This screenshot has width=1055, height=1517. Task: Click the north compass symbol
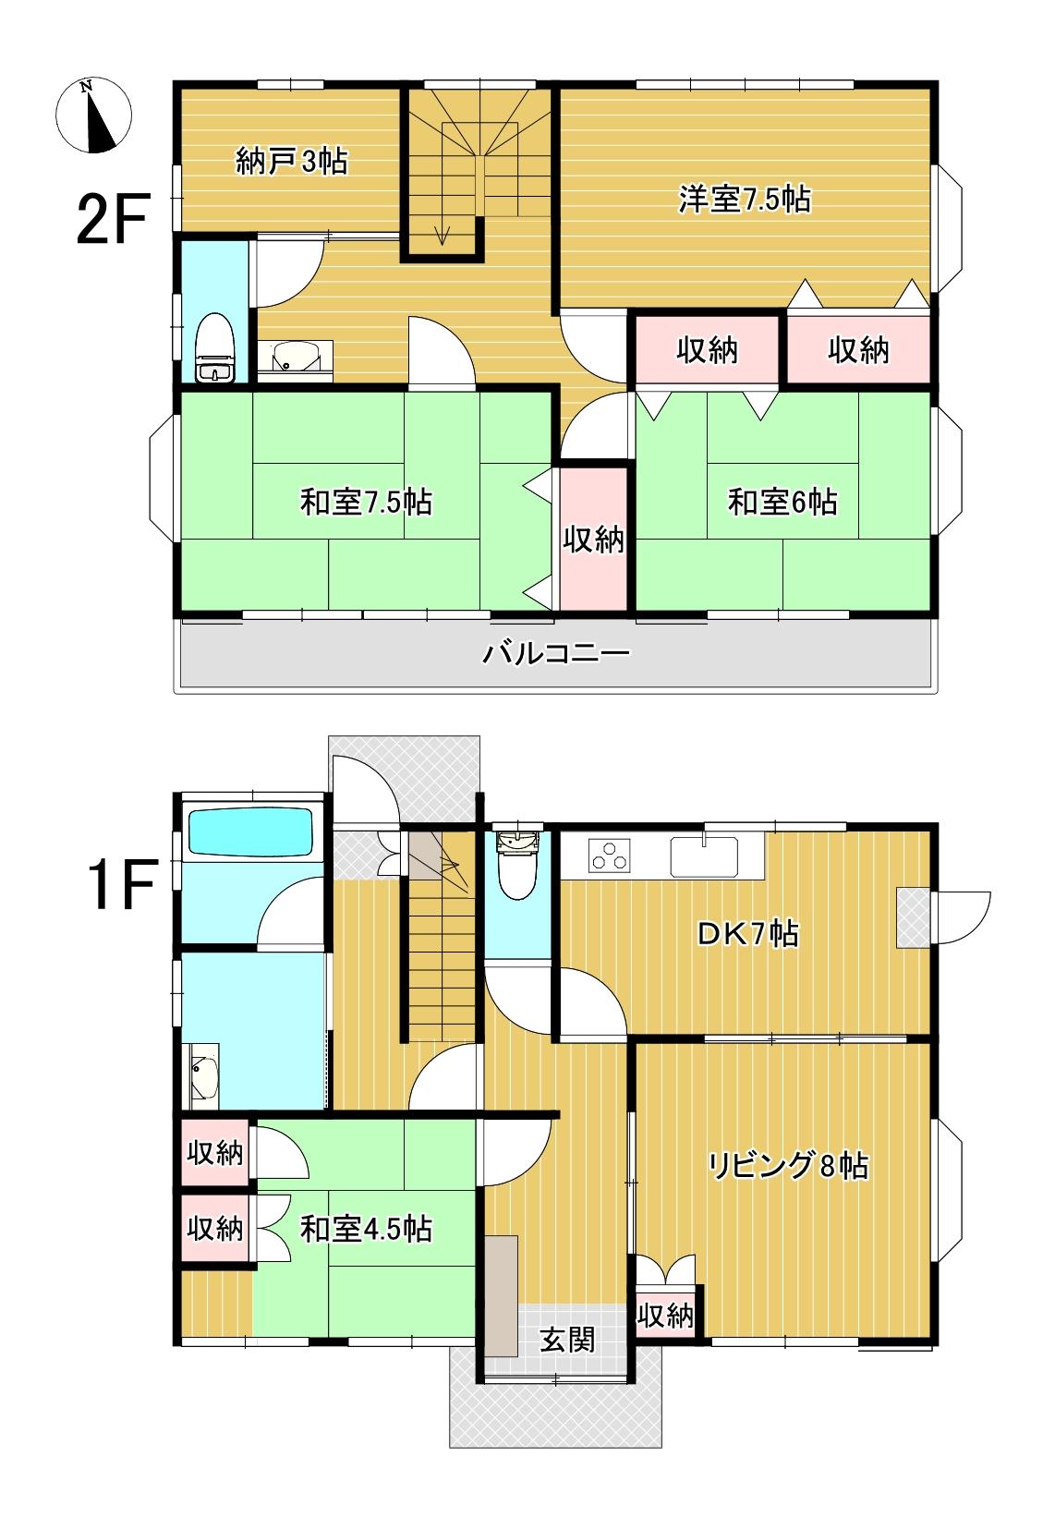pos(93,115)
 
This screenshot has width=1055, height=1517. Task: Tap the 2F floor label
pos(113,218)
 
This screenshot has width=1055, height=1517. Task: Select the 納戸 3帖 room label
pos(292,161)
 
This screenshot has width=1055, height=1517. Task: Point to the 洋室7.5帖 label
pos(745,200)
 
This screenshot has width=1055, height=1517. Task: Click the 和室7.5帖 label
pos(366,502)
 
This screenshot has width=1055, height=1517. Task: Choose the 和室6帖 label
pos(782,502)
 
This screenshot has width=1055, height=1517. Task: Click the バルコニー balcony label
pos(555,653)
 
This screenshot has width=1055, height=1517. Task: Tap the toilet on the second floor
pos(214,347)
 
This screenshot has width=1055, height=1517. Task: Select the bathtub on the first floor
pos(250,831)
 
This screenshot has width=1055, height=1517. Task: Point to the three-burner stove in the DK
pos(610,854)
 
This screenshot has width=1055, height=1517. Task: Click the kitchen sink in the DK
pos(704,856)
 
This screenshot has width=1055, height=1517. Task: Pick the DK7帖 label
pos(748,934)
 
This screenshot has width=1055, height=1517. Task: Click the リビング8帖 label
pos(788,1166)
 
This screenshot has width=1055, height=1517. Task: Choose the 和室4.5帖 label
pos(366,1229)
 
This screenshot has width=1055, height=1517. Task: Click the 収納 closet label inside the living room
pos(666,1316)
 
